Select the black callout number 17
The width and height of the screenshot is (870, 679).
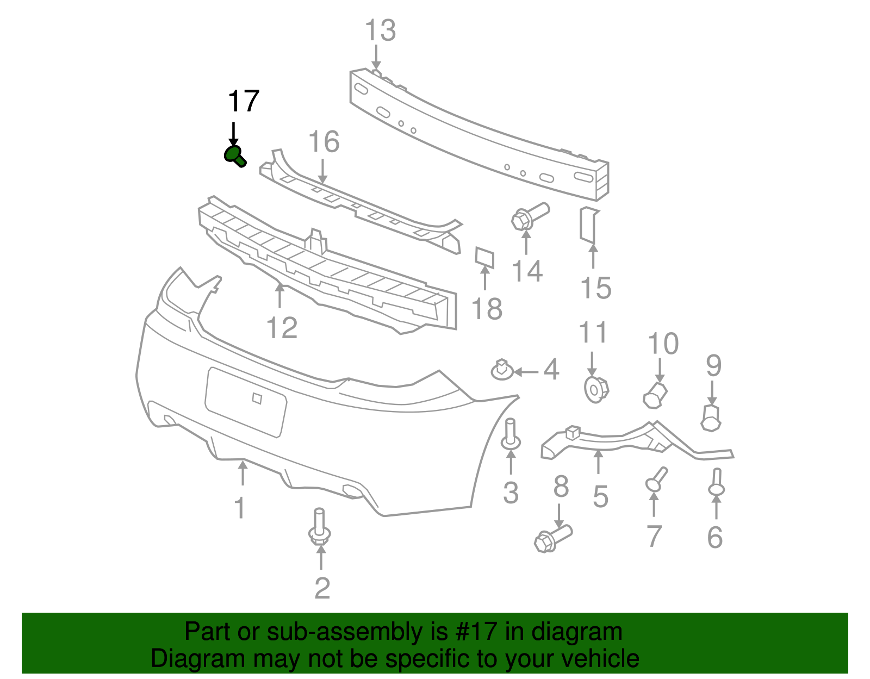(243, 102)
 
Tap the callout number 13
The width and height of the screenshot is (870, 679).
(380, 30)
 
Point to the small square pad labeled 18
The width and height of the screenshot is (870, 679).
(484, 258)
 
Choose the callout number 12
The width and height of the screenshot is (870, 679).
(282, 328)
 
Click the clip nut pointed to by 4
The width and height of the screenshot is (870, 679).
(502, 371)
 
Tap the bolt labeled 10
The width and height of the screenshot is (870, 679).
(655, 395)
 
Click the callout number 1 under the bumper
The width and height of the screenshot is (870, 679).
(240, 508)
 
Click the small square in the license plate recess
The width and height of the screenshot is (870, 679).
(257, 398)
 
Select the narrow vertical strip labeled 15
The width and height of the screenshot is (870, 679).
(589, 225)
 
